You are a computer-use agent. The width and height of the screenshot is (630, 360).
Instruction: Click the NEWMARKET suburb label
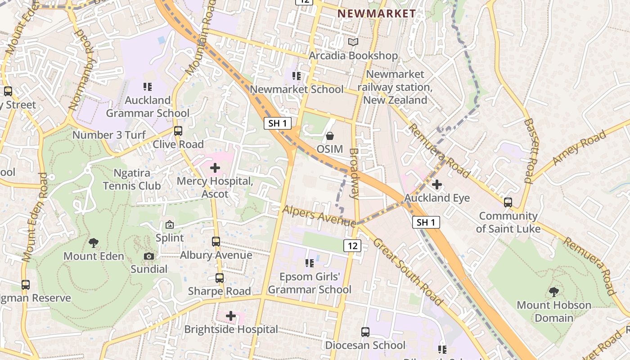(377, 13)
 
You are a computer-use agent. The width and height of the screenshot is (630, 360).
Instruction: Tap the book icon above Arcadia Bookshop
(353, 42)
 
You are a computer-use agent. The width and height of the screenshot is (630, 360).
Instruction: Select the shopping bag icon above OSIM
(330, 135)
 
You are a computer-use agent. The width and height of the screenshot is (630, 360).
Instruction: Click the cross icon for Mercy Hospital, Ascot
(215, 168)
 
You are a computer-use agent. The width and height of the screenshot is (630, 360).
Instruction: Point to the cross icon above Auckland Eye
(436, 184)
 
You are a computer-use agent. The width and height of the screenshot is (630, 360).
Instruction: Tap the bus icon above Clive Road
(178, 131)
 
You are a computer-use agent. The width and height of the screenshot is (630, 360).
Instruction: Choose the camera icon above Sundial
(149, 256)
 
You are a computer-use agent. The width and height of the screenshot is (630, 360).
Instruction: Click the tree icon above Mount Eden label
(94, 243)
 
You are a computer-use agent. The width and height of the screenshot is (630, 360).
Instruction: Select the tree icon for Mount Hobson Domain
(554, 292)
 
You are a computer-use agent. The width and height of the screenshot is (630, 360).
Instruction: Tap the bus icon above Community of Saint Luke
(508, 202)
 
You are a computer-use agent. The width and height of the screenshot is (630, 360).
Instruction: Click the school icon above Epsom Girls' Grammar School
(310, 263)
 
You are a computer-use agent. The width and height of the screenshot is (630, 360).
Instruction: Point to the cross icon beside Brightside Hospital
(231, 316)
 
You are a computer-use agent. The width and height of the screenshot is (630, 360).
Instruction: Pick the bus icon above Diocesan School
(365, 332)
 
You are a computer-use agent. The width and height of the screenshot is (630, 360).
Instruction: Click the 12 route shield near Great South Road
(352, 245)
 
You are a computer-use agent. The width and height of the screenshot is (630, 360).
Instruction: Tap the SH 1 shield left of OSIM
(277, 123)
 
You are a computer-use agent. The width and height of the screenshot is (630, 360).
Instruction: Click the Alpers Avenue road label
(319, 216)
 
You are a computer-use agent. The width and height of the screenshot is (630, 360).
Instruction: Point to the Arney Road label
(579, 148)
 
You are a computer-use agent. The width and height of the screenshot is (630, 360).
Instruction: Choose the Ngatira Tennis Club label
(131, 179)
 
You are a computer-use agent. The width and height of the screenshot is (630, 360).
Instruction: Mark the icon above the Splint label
(170, 225)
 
